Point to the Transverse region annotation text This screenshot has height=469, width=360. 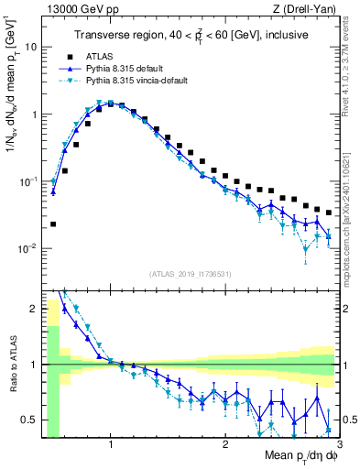189,36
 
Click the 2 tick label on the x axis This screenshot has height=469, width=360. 224,445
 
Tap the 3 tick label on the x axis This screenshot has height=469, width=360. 338,445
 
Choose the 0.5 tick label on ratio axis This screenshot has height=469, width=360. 28,420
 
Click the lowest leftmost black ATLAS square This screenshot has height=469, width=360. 53,224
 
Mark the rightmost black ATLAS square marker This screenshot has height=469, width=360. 329,212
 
